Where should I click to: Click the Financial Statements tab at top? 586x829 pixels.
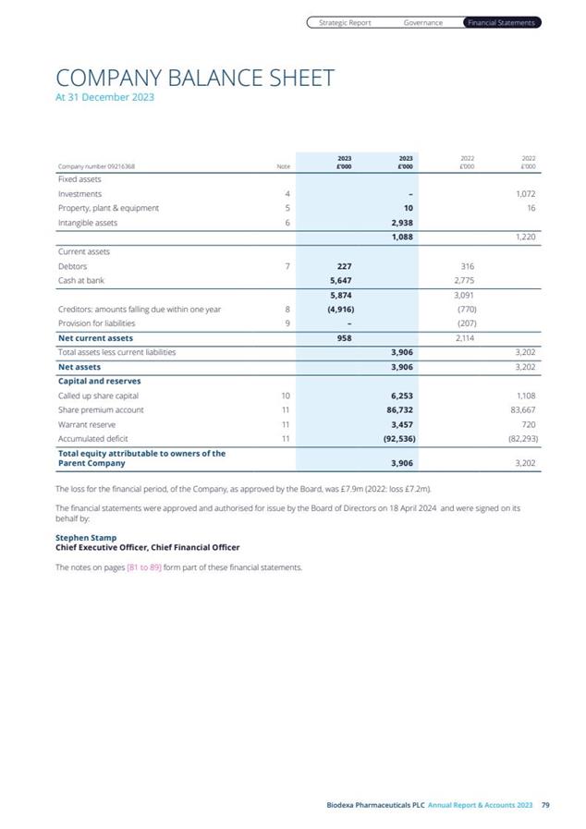click(501, 23)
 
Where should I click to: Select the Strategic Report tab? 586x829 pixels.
click(345, 23)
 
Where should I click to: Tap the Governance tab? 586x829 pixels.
click(423, 23)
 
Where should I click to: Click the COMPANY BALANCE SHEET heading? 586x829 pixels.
click(195, 78)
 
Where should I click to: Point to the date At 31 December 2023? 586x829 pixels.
click(105, 97)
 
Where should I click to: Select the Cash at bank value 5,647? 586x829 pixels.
click(343, 280)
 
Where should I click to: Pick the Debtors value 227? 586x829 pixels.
click(344, 266)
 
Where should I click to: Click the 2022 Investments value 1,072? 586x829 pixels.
click(525, 194)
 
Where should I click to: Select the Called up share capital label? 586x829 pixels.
click(100, 395)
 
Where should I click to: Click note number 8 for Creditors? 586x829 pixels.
click(287, 309)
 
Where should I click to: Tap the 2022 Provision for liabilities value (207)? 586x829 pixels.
click(467, 323)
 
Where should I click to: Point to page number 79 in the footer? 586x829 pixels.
click(545, 806)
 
